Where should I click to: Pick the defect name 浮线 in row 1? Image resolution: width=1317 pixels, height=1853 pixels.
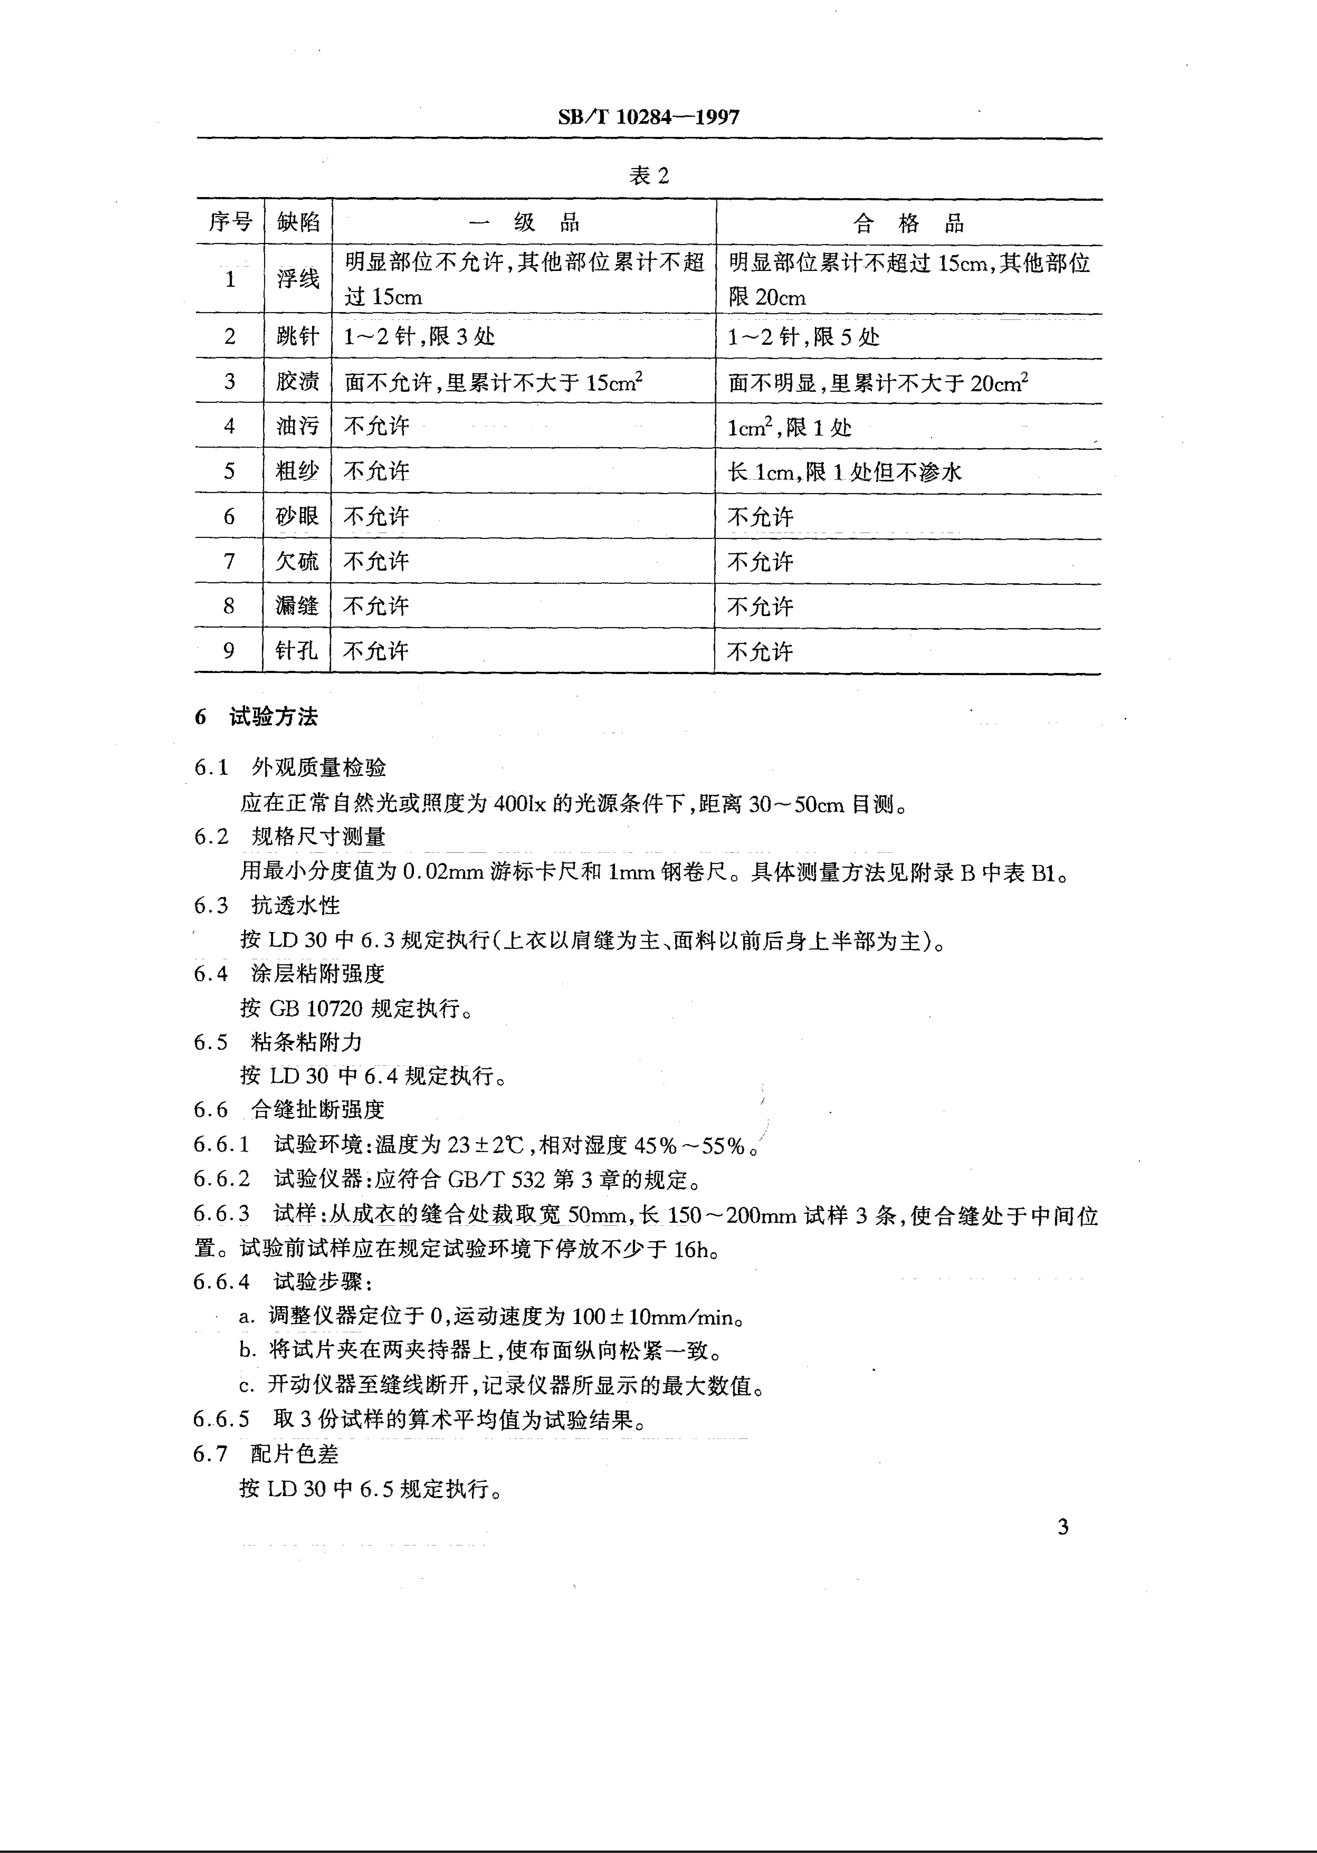click(x=298, y=279)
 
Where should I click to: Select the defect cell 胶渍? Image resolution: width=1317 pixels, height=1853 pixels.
click(x=298, y=381)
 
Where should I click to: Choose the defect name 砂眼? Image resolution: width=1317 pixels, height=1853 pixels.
click(x=298, y=517)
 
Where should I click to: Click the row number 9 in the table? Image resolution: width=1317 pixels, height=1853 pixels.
click(x=230, y=650)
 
